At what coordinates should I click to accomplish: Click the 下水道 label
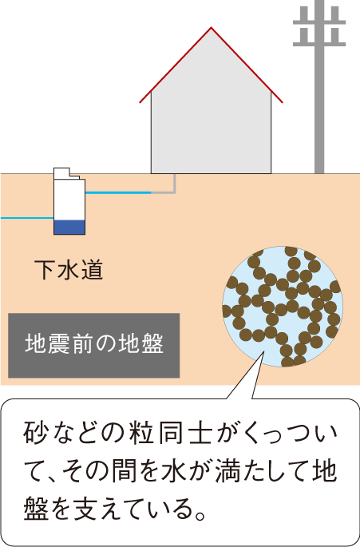click(69, 270)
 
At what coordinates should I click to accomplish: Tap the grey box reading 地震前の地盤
click(94, 345)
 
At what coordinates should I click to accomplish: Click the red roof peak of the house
click(211, 28)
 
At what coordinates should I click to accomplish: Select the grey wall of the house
click(211, 133)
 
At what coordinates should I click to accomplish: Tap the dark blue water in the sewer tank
click(69, 227)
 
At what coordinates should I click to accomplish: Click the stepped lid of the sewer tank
click(66, 173)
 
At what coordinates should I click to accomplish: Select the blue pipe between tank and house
click(118, 192)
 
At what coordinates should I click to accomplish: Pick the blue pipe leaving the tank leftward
click(27, 218)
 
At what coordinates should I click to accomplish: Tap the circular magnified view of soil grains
click(283, 307)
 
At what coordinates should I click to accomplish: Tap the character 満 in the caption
click(227, 471)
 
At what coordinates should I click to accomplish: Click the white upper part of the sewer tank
click(69, 200)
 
